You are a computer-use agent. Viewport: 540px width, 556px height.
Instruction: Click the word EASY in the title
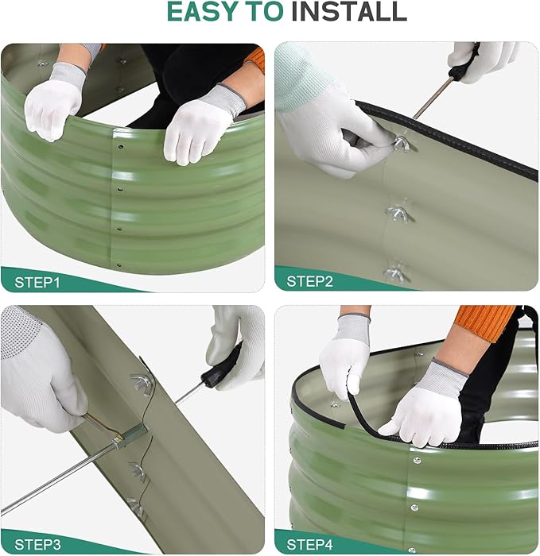[x=203, y=12]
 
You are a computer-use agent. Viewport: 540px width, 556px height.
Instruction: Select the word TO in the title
[x=268, y=12]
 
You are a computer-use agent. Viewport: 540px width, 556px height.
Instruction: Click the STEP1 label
[x=37, y=281]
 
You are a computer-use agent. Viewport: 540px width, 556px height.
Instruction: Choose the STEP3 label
[x=37, y=544]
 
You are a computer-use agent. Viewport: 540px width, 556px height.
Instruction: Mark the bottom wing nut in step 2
[x=395, y=272]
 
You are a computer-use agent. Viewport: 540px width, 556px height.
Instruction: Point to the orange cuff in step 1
[x=254, y=59]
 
